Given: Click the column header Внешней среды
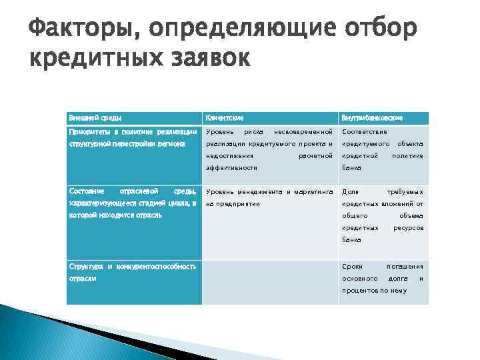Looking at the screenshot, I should tap(90, 118).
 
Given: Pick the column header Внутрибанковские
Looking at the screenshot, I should tap(372, 118).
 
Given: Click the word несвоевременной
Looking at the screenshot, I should tap(303, 131).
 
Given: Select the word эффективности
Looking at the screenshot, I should tap(231, 168).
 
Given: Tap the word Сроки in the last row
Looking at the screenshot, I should tap(352, 266).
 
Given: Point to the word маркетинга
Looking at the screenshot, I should tap(313, 191).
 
